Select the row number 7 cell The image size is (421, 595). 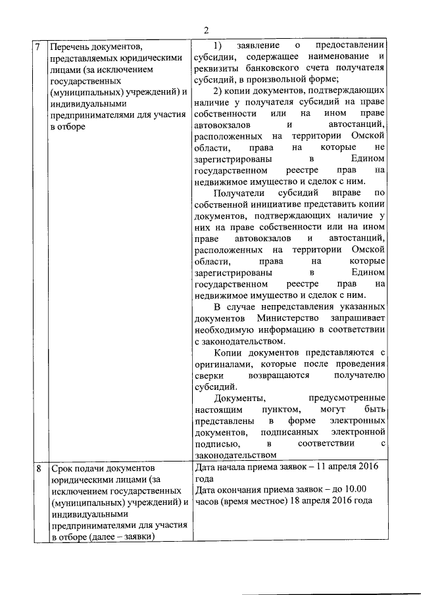[x=39, y=47]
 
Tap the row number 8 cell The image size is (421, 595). [x=39, y=469]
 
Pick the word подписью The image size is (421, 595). [x=212, y=444]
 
